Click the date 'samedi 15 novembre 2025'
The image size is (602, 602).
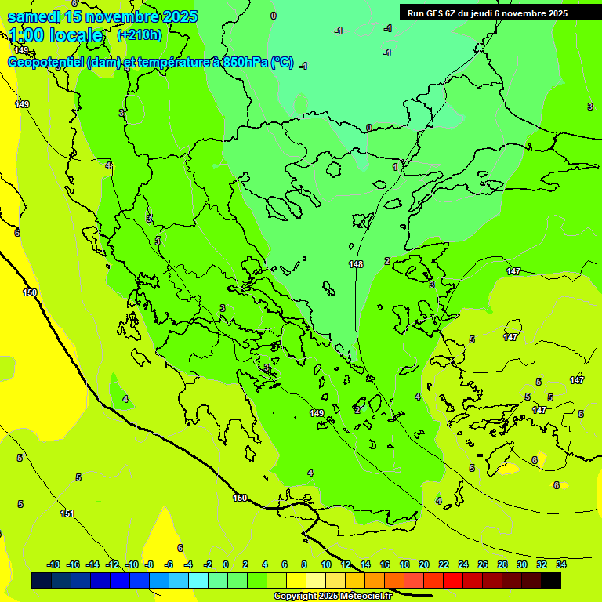pos(103,16)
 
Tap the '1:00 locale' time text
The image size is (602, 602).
pos(56,35)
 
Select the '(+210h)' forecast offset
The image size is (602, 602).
pos(140,34)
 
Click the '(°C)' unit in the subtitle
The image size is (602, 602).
pos(282,63)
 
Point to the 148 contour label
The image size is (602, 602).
pos(356,264)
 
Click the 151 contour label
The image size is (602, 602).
pos(67,513)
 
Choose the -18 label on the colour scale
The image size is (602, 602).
pos(54,564)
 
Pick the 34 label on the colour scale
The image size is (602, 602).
pos(560,564)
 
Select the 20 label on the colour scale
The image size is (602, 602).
pos(424,564)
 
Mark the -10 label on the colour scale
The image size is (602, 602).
pos(132,564)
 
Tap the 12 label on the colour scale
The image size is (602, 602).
pos(346,564)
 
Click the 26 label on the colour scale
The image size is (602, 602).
pos(482,564)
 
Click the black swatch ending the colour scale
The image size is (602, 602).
pos(551,581)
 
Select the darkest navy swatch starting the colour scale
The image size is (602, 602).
pos(42,581)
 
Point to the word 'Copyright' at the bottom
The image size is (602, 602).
pos(296,597)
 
